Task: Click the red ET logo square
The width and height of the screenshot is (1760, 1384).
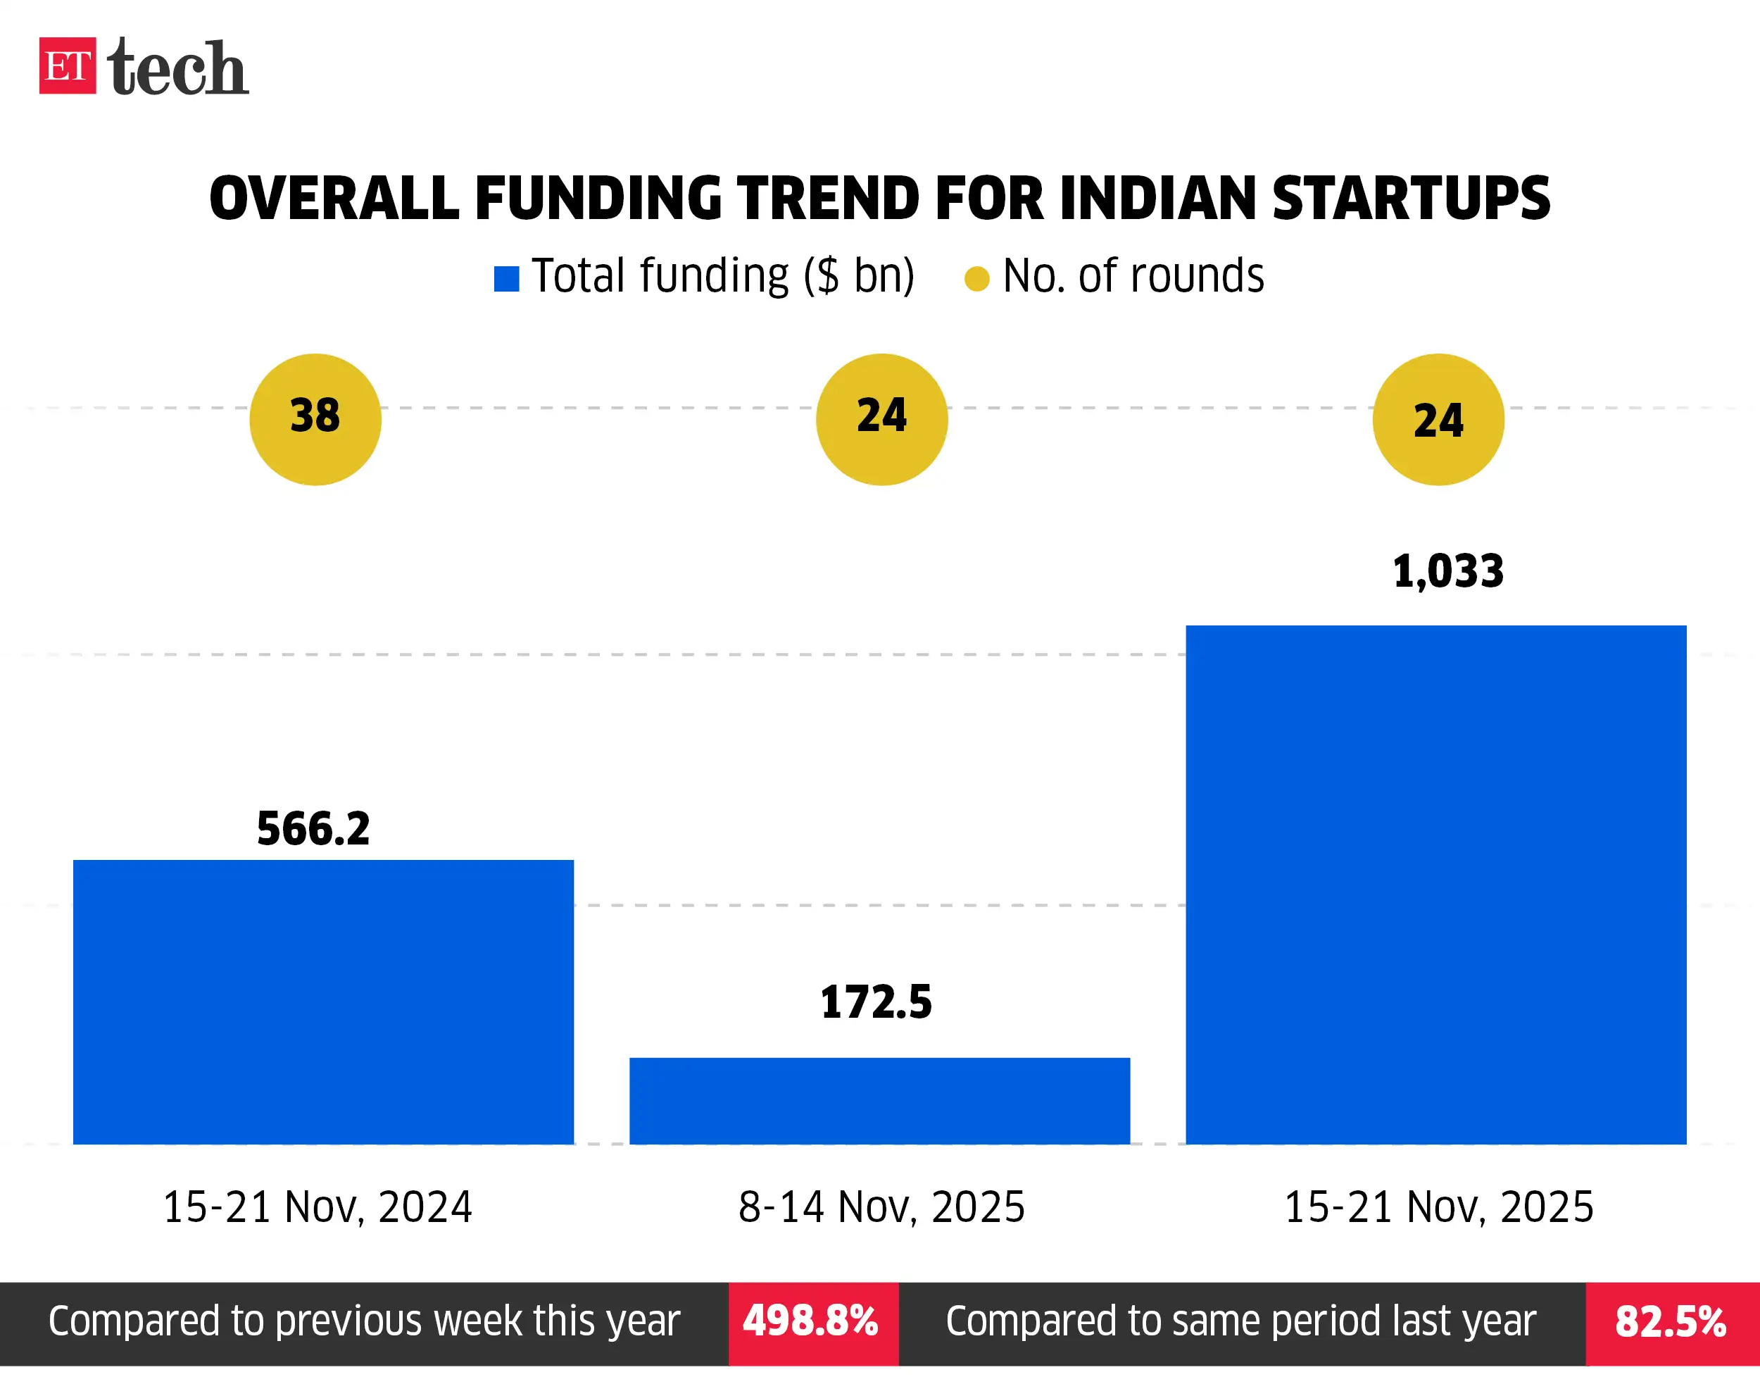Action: coord(67,66)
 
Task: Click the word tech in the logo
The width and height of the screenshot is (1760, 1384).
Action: coord(177,68)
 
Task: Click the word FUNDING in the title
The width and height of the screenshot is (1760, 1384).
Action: coord(598,199)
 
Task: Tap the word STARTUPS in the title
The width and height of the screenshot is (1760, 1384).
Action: coord(1411,199)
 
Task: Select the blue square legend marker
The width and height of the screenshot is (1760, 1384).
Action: coord(506,279)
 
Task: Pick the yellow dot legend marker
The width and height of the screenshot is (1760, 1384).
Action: coord(976,279)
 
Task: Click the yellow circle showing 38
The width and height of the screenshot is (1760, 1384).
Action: coord(315,419)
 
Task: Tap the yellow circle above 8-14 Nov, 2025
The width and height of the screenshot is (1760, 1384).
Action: coord(881,419)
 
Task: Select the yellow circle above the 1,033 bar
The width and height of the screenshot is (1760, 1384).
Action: coord(1438,419)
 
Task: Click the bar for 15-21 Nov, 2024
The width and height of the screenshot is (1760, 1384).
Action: coord(323,1002)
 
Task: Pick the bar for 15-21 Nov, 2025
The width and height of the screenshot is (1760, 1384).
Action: coord(1436,884)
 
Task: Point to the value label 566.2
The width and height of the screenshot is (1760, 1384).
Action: coord(313,829)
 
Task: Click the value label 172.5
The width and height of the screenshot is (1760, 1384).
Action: coord(876,1002)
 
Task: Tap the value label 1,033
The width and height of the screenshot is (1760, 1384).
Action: coord(1448,571)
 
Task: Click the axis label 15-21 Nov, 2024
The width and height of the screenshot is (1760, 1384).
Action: coord(318,1207)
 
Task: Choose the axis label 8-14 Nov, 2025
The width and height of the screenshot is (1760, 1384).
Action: coord(881,1207)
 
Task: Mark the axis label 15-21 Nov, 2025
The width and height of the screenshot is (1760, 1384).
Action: coord(1439,1207)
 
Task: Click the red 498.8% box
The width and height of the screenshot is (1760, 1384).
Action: coord(812,1321)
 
